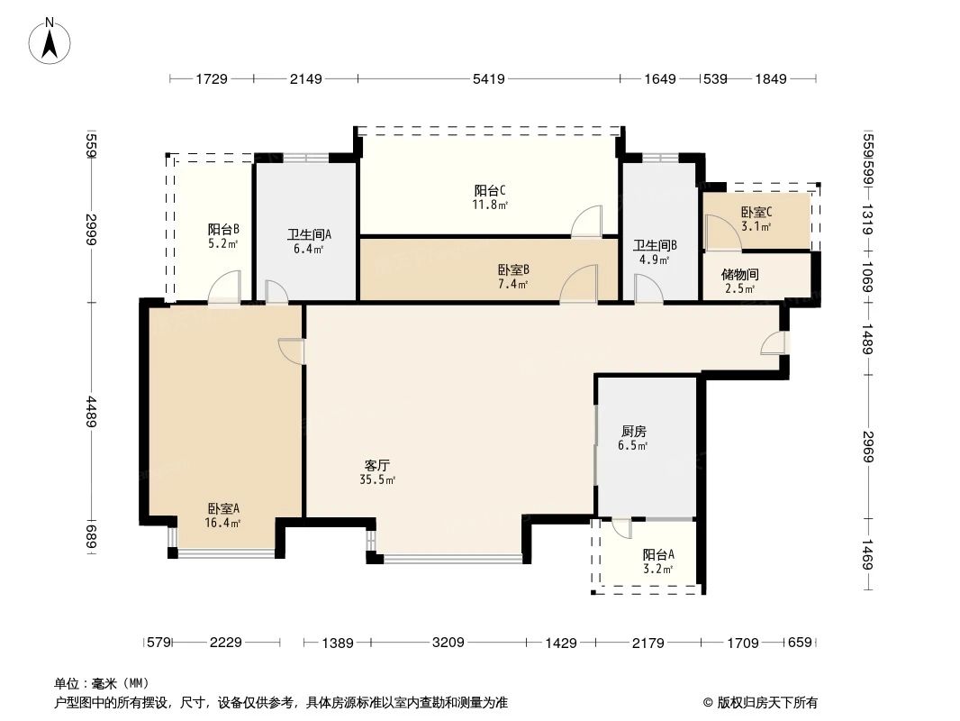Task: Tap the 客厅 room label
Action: tap(376, 466)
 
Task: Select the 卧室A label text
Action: tap(222, 508)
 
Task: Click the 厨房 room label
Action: tap(634, 431)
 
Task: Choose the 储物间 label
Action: tap(739, 275)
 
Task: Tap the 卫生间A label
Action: tap(309, 234)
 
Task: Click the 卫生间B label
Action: tap(655, 245)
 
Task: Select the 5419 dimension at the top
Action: tap(488, 79)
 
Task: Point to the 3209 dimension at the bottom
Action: tap(448, 643)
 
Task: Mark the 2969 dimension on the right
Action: tap(868, 445)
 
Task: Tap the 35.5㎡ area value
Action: tap(376, 480)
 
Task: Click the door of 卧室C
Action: tap(717, 233)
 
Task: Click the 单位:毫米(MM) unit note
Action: tap(101, 683)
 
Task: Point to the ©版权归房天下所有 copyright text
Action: tap(760, 702)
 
